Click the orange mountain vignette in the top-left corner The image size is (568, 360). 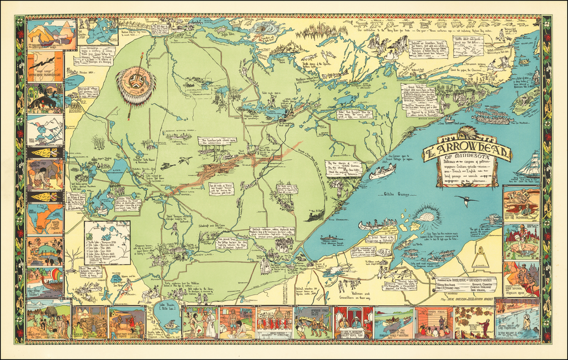(45, 34)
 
